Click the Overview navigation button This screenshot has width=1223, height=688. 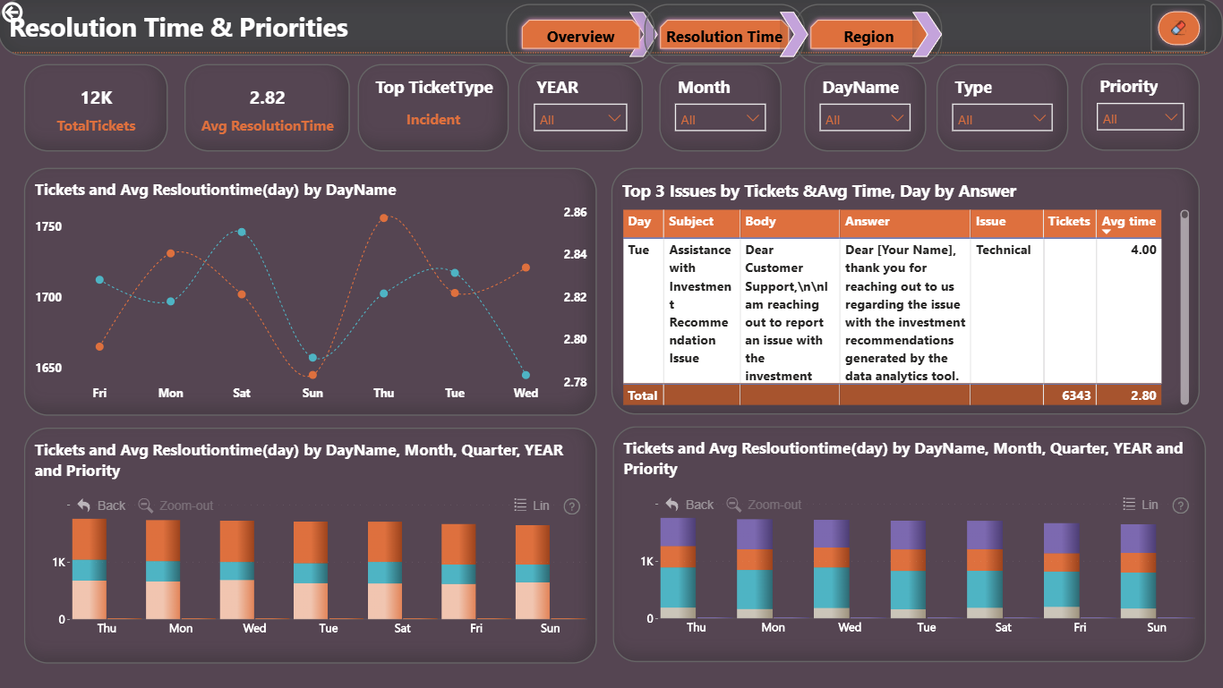click(580, 37)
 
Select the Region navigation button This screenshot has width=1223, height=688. click(868, 37)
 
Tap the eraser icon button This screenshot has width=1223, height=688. click(1178, 28)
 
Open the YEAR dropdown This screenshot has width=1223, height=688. click(580, 118)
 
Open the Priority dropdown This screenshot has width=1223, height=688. click(1140, 117)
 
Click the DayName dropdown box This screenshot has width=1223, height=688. click(864, 118)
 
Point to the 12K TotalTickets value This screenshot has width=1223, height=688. click(96, 98)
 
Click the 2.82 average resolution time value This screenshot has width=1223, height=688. click(267, 98)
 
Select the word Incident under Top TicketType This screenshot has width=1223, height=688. click(433, 120)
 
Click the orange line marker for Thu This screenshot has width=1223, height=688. click(384, 217)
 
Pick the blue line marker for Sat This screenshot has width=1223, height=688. click(242, 232)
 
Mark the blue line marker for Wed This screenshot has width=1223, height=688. click(526, 375)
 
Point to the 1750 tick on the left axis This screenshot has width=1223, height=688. click(48, 226)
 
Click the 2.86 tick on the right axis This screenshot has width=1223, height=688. click(575, 212)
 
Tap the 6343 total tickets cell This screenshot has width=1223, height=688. click(1075, 395)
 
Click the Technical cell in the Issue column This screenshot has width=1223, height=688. click(1003, 250)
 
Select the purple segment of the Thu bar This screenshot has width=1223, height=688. click(678, 532)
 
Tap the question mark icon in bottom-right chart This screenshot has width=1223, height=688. click(1180, 505)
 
